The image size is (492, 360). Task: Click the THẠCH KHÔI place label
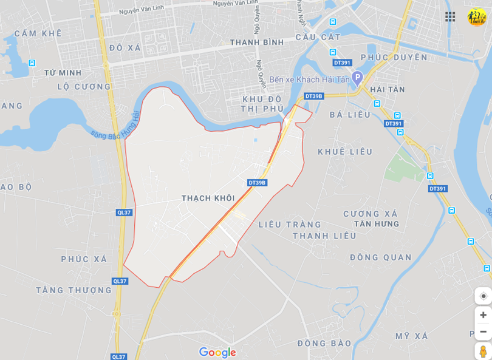208,199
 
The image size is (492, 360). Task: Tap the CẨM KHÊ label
38,33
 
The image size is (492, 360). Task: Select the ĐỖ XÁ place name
125,47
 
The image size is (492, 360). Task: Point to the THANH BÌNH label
257,42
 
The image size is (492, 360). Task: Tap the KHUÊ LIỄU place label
345,152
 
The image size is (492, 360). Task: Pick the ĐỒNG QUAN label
381,257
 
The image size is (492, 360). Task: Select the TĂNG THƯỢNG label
73,290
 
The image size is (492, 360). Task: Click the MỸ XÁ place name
412,336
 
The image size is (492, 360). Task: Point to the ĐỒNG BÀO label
324,344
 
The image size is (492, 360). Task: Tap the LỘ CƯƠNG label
84,87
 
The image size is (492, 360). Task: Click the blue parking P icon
357,77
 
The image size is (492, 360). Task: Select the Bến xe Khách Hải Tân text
310,80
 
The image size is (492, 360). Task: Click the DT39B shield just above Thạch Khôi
258,183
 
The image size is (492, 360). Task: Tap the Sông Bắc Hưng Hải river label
116,125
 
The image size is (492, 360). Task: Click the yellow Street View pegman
483,352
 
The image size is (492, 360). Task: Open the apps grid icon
450,16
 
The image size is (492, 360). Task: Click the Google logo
217,352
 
